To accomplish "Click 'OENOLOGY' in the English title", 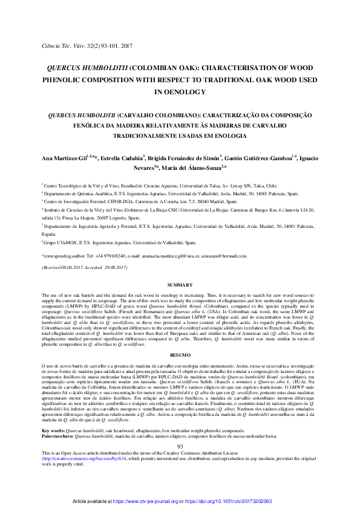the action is (x=180, y=92).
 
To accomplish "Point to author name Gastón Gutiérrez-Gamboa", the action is (x=263, y=158).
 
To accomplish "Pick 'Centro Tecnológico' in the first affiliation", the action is (x=64, y=186).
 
